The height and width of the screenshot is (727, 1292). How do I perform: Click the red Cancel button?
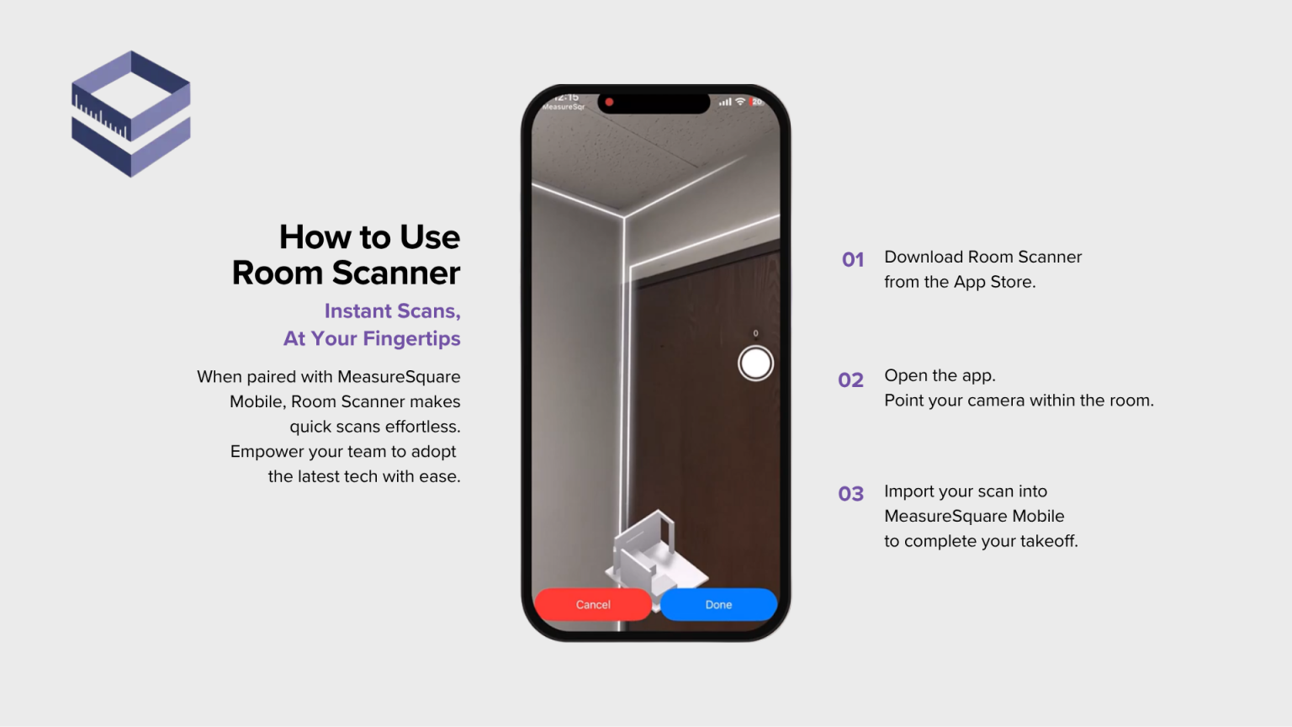pos(593,604)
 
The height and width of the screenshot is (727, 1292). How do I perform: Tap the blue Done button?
pos(718,604)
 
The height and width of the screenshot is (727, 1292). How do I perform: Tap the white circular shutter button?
pos(755,363)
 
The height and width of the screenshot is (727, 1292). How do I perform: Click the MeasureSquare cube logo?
pos(131,114)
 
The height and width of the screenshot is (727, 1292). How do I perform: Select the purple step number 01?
pos(853,260)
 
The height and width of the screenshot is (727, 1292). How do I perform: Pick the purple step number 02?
pos(851,380)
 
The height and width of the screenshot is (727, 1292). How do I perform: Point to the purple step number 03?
pos(851,494)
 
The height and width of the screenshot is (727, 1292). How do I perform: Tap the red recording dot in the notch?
pos(609,103)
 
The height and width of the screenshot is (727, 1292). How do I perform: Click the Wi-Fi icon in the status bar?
pos(740,102)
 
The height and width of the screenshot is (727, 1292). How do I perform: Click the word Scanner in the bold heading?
pos(396,273)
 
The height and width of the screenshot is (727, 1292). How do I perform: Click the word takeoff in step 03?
pos(1047,541)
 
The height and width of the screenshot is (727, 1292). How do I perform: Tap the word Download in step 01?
pos(923,257)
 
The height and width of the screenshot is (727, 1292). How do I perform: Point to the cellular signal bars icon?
pos(725,102)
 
